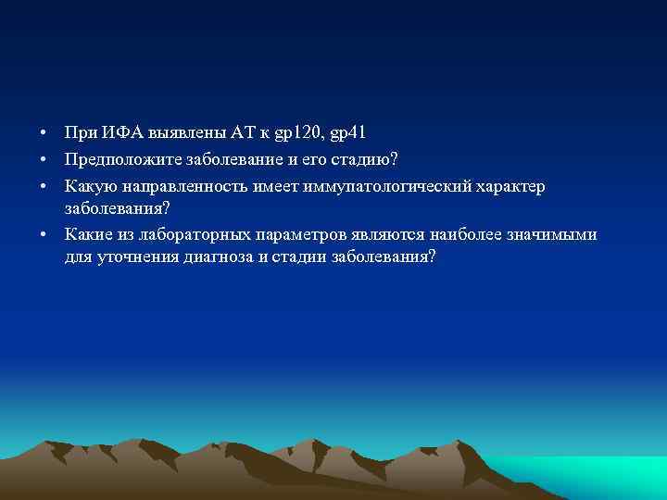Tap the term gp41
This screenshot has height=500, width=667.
(x=348, y=136)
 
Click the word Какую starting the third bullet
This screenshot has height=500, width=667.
(x=89, y=187)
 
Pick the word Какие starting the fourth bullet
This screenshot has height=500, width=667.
(x=89, y=234)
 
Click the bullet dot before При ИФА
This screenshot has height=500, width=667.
(x=44, y=136)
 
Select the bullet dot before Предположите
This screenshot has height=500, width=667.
(x=44, y=162)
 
